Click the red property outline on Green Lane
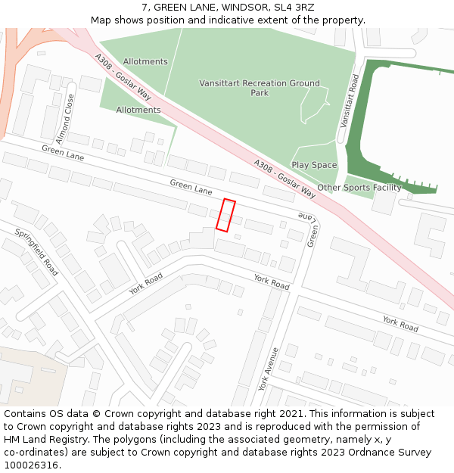coord(225,214)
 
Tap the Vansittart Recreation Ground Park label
coord(260,88)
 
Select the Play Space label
coord(314,165)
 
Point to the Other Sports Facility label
coord(359,188)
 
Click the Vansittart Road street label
coord(349,101)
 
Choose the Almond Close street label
coord(64,119)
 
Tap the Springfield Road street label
coord(36,252)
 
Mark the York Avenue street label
coord(269,369)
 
